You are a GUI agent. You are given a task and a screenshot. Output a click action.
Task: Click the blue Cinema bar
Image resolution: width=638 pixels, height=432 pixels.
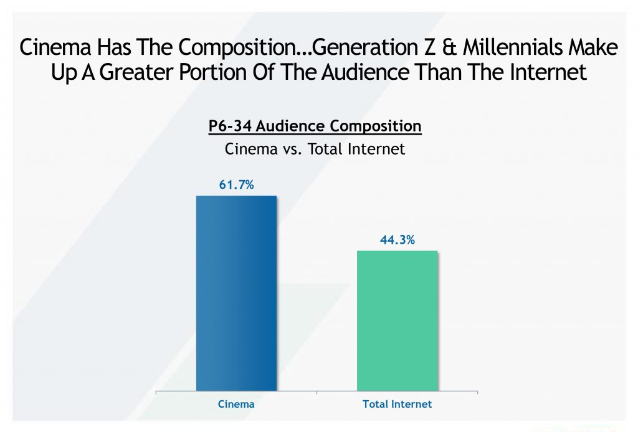point(236,293)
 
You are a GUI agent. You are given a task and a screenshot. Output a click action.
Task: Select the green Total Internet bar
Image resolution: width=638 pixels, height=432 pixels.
point(397,321)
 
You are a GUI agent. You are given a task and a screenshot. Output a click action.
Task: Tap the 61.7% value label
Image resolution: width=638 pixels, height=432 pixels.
point(236,185)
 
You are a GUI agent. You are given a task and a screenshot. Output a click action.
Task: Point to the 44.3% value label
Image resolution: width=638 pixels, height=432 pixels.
point(397,240)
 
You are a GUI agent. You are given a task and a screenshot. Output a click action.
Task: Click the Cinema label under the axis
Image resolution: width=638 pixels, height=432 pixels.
point(236,404)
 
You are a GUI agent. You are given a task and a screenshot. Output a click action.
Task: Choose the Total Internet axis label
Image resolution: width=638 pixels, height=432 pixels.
point(397,404)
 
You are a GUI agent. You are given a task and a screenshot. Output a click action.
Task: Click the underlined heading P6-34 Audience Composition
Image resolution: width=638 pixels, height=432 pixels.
point(315,126)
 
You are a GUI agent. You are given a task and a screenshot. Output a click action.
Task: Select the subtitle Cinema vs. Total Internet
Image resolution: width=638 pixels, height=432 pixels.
point(315,149)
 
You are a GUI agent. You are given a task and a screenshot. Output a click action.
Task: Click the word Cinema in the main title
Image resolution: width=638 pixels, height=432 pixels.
point(55,47)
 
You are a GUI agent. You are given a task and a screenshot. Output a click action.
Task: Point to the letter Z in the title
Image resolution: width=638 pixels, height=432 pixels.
point(429,47)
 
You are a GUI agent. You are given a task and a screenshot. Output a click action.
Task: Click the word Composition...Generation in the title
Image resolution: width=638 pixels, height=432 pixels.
point(298,48)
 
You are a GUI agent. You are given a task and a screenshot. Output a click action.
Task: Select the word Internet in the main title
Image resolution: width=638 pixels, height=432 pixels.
point(548,72)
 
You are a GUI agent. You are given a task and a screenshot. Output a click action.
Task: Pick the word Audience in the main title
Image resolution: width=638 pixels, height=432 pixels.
point(365,72)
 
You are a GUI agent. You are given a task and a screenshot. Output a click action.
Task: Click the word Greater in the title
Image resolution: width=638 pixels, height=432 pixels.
point(137,72)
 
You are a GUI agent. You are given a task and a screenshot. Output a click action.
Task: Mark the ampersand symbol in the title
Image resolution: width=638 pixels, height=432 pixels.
point(449,47)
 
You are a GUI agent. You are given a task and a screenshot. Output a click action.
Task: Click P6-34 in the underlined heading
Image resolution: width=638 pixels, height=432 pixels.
point(230,126)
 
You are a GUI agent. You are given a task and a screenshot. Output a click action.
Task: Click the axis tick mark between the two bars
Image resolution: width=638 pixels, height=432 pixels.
point(317,393)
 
